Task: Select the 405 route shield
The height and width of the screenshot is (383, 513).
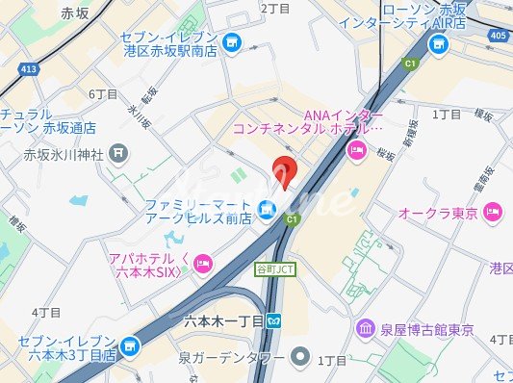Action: pyautogui.click(x=496, y=37)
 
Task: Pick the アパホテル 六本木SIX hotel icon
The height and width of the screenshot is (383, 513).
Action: pyautogui.click(x=202, y=263)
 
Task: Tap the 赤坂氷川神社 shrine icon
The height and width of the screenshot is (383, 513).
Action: pyautogui.click(x=118, y=151)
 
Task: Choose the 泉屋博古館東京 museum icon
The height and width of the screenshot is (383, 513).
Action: pyautogui.click(x=366, y=330)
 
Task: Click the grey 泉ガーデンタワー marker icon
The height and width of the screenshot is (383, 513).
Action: pyautogui.click(x=300, y=359)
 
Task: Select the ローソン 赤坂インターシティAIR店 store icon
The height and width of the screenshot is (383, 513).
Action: pyautogui.click(x=440, y=43)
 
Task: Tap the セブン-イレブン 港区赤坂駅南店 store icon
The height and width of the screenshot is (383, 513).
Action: pyautogui.click(x=231, y=42)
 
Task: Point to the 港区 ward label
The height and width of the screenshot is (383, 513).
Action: pyautogui.click(x=500, y=268)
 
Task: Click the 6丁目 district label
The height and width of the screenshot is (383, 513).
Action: pyautogui.click(x=103, y=94)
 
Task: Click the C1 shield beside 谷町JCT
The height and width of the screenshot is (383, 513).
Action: pyautogui.click(x=290, y=220)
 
